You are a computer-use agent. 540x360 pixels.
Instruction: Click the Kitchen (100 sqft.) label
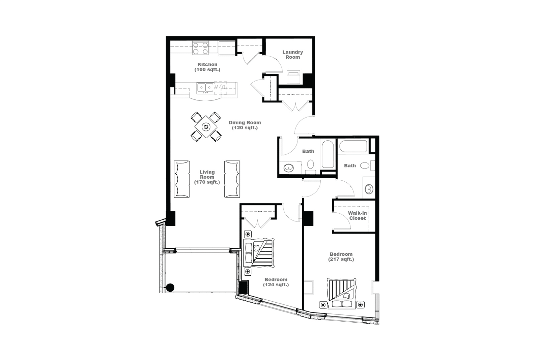207,67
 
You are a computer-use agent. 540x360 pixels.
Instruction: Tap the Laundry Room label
293,55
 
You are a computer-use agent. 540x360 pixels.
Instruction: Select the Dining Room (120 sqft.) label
245,125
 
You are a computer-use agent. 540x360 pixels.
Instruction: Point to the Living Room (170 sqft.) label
207,177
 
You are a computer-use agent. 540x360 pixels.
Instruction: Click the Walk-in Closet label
357,216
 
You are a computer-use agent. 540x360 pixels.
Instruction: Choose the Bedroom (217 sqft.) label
341,257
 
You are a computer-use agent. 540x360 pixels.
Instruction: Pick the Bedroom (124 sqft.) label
276,282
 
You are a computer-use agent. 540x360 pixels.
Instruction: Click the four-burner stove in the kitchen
200,48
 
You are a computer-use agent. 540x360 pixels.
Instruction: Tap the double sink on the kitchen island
205,88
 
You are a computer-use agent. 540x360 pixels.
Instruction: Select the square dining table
206,127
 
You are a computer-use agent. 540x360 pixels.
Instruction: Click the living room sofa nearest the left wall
182,179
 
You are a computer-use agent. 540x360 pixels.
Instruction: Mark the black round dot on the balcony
170,288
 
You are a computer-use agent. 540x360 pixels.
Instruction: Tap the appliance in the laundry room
293,77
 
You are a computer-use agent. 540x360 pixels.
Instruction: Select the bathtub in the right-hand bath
353,146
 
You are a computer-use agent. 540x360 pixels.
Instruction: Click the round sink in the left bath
289,168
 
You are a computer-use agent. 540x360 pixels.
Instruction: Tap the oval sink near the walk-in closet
369,189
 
